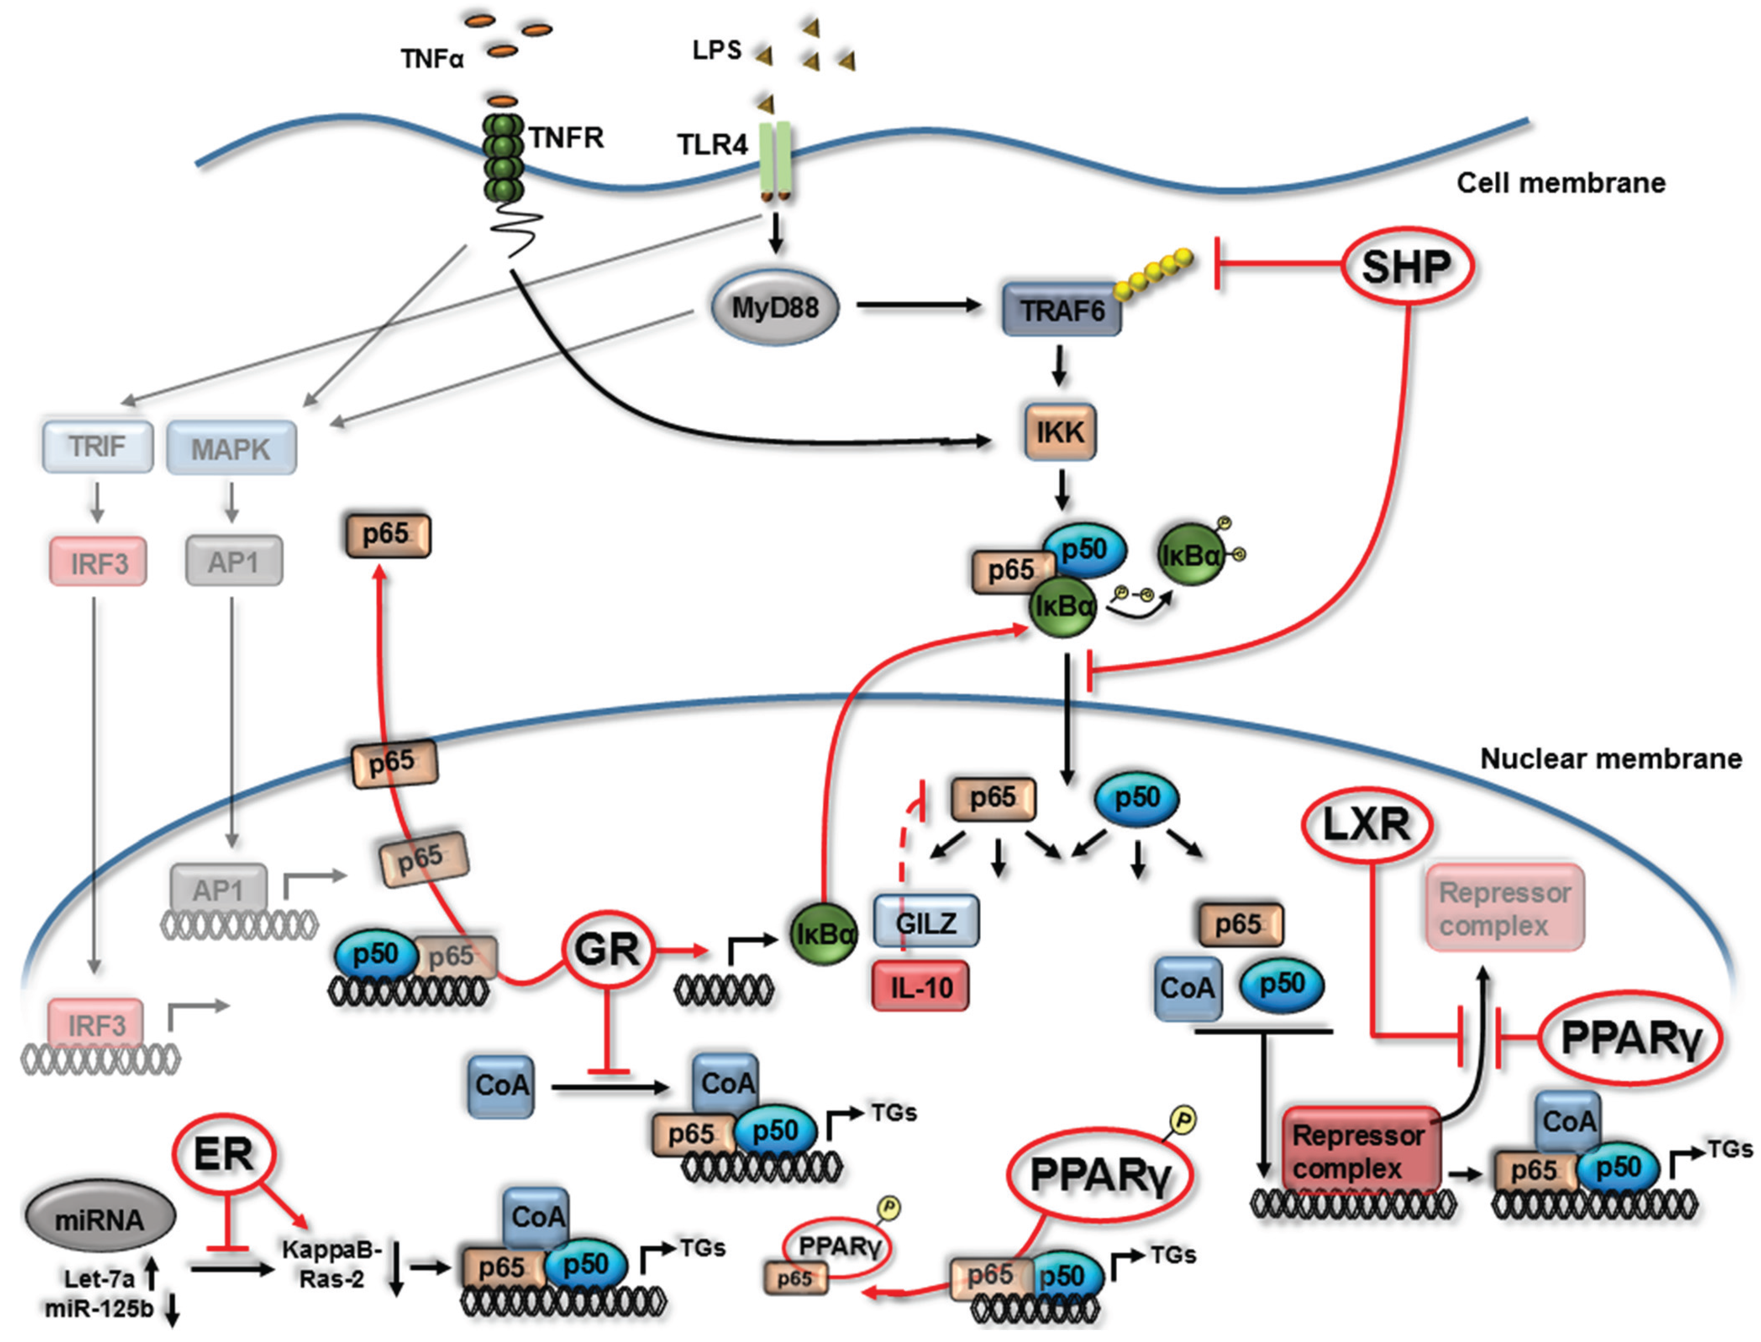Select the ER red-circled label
[224, 1154]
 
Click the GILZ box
[926, 923]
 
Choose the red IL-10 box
[920, 987]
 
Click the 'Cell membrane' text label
[1561, 183]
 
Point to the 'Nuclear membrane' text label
[1611, 758]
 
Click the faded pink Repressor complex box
[1504, 908]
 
